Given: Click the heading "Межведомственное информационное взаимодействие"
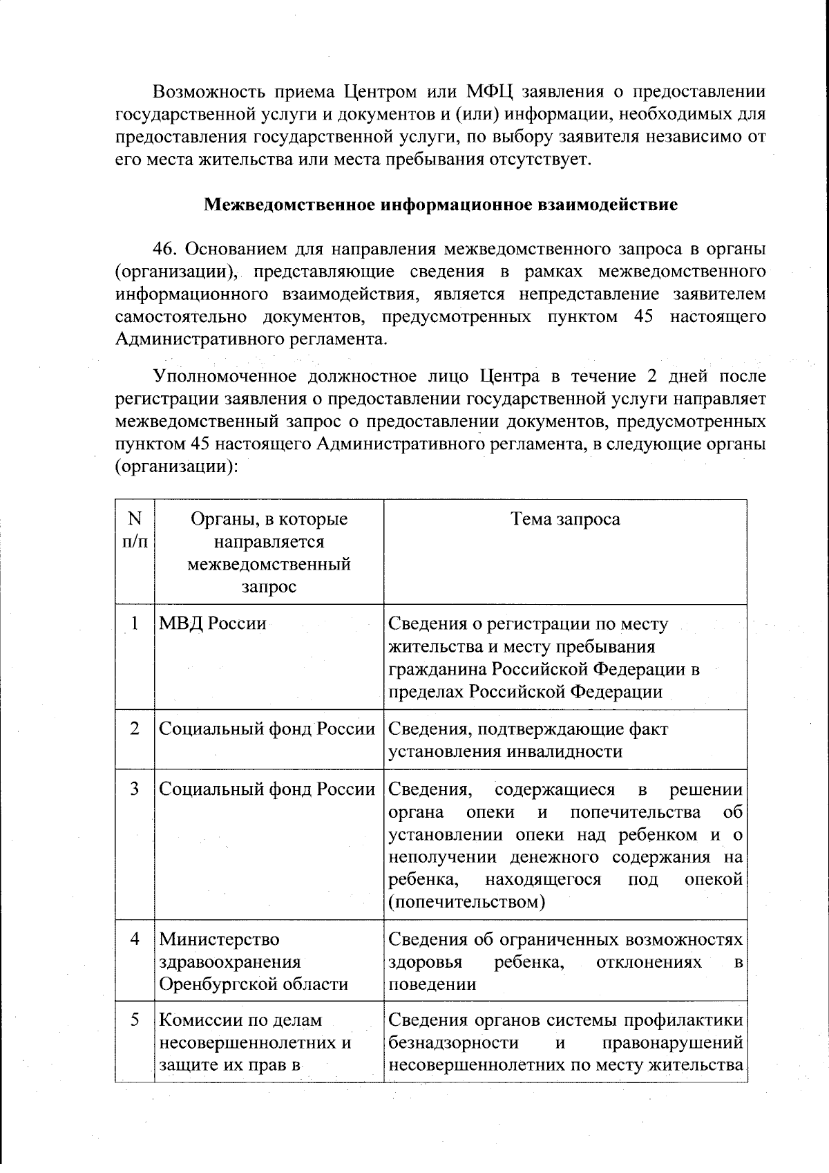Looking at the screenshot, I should coord(441,205).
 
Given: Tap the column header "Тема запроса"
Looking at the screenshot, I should coord(565,519).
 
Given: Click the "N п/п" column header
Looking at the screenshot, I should coord(135,530).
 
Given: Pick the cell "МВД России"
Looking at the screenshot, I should coord(213,623).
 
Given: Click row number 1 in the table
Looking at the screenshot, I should coord(135,623).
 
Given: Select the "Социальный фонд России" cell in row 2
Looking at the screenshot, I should coord(267,729).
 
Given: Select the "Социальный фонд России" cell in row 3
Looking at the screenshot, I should coord(267,789).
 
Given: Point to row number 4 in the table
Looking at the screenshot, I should coord(135,939).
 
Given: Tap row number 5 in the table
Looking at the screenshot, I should coord(135,1020).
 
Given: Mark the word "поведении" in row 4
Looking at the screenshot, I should coord(432,984).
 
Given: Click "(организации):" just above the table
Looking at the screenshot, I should coord(176,467).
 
